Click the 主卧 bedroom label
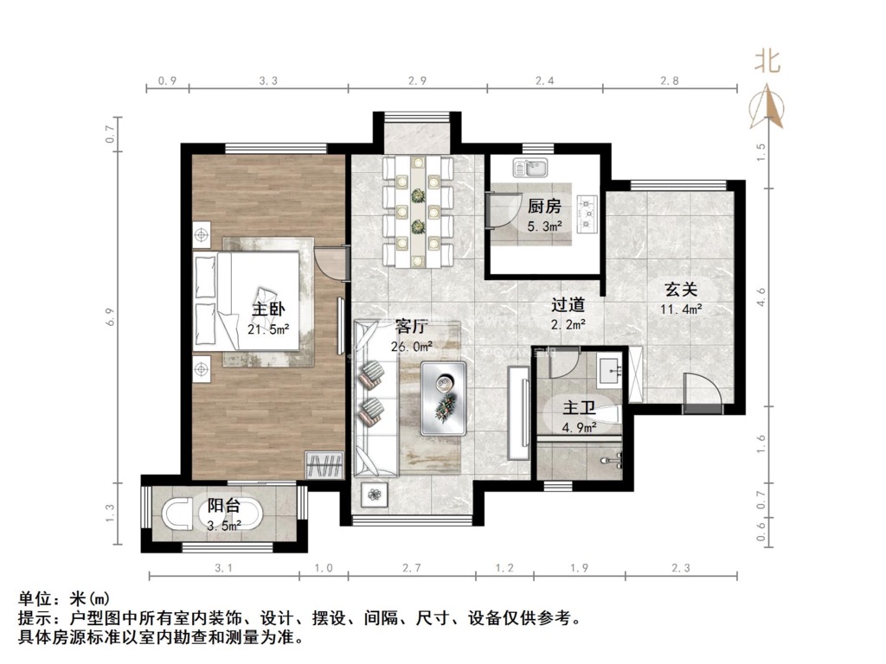(x=268, y=309)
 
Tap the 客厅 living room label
(x=411, y=326)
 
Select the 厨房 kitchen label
(x=544, y=206)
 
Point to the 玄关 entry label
(x=681, y=290)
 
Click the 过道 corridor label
(x=568, y=305)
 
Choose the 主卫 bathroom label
(x=579, y=408)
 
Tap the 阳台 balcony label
(x=224, y=505)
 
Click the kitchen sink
(x=530, y=168)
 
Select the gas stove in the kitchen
(x=587, y=214)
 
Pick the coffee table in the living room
(x=444, y=398)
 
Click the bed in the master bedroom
(x=247, y=302)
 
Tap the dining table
(x=418, y=211)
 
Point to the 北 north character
(x=767, y=61)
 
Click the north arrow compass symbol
(x=767, y=107)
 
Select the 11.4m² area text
(x=681, y=309)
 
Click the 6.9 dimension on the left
(x=110, y=316)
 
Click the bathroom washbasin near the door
(x=610, y=368)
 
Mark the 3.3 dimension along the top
(x=268, y=80)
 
